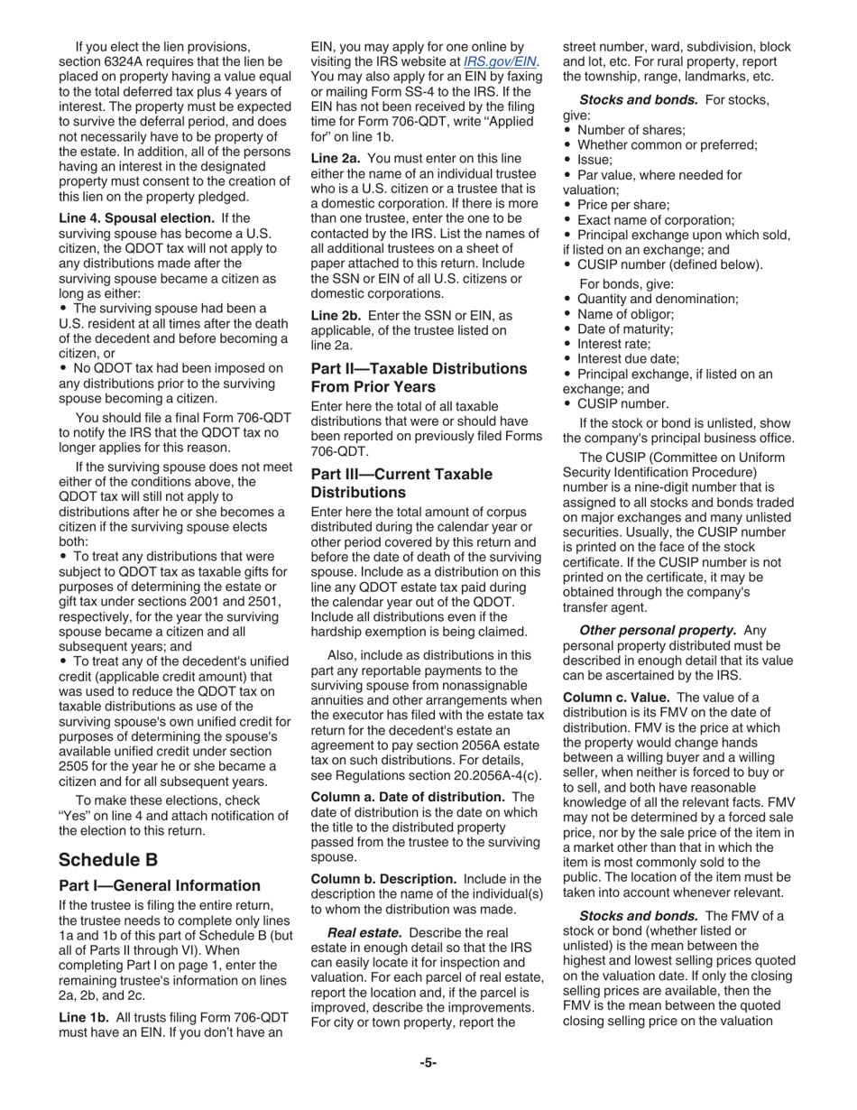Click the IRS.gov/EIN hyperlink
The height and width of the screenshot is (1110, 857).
click(x=500, y=61)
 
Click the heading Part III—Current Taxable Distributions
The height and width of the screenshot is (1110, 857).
click(x=401, y=483)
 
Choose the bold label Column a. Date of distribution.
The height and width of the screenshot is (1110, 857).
click(x=407, y=797)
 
